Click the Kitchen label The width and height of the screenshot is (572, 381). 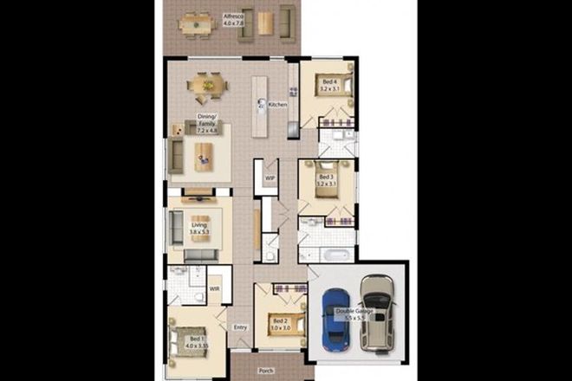click(x=277, y=105)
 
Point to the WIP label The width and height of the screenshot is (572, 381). click(x=270, y=178)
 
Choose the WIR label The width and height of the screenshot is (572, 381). click(x=214, y=289)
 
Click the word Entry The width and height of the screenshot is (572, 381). click(x=240, y=326)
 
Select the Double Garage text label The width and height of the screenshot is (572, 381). click(x=364, y=313)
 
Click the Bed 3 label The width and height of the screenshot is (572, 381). click(x=326, y=179)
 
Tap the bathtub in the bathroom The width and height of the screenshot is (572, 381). click(x=333, y=255)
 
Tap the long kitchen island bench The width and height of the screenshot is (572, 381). click(x=259, y=106)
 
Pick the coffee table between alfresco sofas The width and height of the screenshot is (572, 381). click(x=263, y=24)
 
